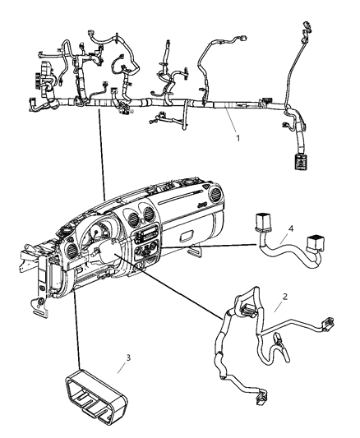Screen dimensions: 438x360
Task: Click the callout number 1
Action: coord(238,138)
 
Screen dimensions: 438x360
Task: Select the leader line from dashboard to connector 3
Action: coord(76,329)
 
